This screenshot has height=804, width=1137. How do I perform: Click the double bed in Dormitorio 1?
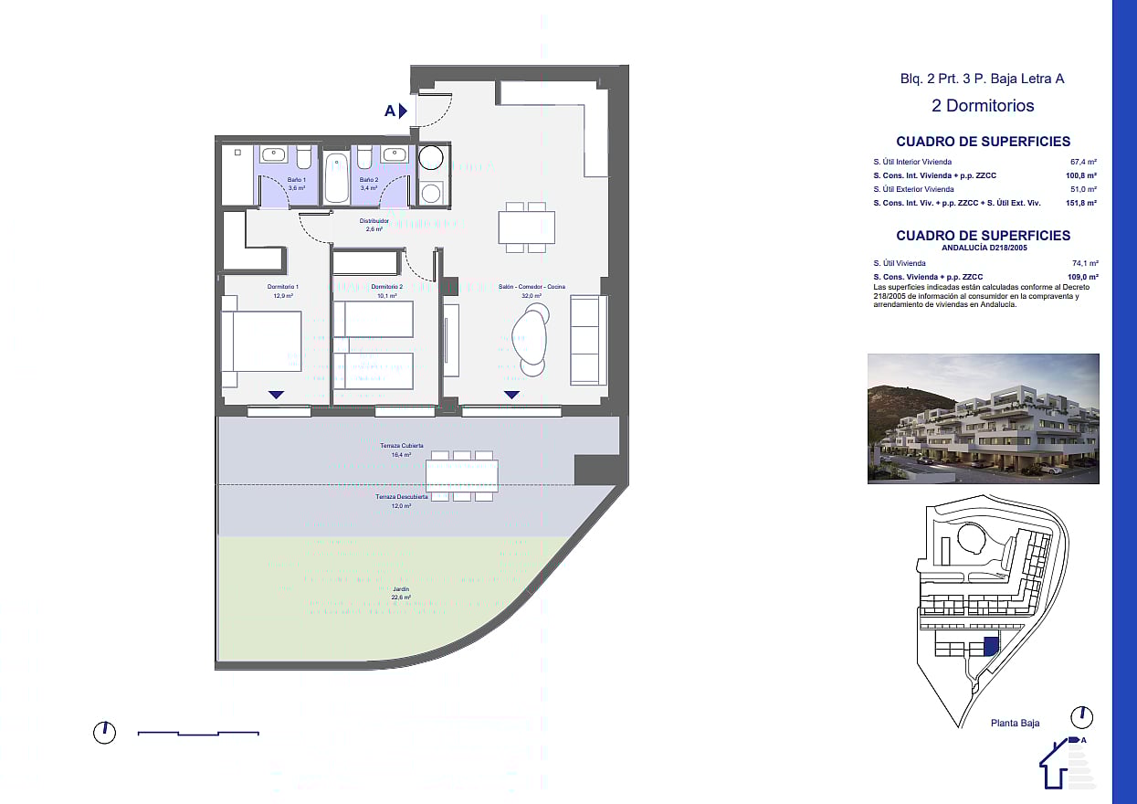pos(262,342)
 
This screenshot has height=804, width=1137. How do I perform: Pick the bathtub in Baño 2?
pos(336,175)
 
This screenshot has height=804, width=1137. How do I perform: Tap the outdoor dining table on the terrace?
pos(461,476)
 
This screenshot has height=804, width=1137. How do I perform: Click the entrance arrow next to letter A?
pos(403,111)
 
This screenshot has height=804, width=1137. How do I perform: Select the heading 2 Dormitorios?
pos(983,106)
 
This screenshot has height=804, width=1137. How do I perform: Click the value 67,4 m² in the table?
pos(1083,162)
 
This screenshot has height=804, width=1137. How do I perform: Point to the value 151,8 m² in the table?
pos(1082,203)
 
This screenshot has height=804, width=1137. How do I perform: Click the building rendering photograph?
pos(983,418)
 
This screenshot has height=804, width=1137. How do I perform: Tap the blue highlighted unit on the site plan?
pos(991,646)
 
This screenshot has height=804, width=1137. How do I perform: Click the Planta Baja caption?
pos(1015,724)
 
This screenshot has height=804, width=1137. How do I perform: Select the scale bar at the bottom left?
pos(198,733)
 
